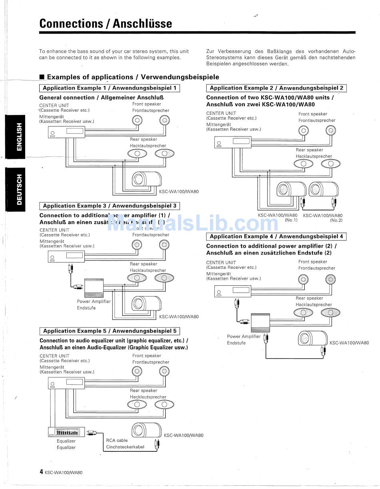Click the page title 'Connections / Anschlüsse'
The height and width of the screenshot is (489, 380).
click(106, 24)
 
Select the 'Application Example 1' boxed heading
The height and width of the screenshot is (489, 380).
click(109, 88)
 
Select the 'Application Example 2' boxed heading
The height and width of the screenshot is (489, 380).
click(276, 88)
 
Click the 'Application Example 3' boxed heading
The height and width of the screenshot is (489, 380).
click(109, 206)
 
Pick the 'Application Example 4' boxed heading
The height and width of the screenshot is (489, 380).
click(276, 236)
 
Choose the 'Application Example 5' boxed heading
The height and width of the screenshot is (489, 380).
click(109, 331)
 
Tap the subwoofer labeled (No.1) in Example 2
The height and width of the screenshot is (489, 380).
click(291, 190)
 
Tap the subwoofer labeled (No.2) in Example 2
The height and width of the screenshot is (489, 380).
click(324, 190)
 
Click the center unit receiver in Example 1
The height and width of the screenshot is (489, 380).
click(66, 132)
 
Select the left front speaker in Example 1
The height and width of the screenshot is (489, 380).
click(137, 120)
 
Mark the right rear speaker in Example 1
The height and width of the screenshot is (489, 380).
click(164, 154)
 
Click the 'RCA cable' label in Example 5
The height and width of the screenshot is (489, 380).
click(117, 440)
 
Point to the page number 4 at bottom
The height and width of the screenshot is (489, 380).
click(41, 472)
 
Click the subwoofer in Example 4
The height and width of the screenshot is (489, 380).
click(313, 339)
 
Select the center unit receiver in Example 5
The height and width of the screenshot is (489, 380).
click(66, 383)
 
